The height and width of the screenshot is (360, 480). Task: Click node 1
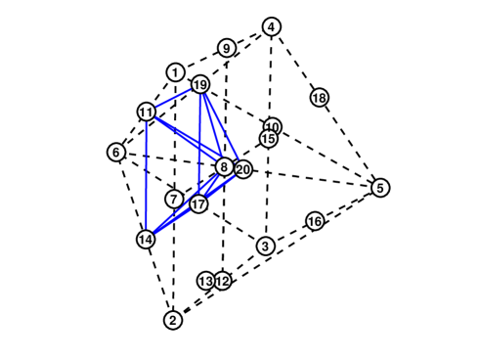[x=175, y=72]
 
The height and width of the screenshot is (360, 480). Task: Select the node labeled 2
[x=173, y=320]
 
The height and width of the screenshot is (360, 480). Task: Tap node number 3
[x=265, y=246]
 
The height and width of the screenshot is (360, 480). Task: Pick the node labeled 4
[x=272, y=26]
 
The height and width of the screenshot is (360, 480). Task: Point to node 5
[x=380, y=188]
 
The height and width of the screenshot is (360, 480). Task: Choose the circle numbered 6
[x=116, y=153]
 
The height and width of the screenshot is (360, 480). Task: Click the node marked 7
[x=174, y=200]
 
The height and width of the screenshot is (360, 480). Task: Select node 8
[x=224, y=168]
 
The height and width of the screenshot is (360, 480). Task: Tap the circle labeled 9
[x=227, y=49]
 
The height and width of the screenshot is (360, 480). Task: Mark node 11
[x=147, y=112]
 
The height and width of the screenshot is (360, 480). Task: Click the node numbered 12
[x=223, y=281]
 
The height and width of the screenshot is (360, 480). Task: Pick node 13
[x=205, y=281]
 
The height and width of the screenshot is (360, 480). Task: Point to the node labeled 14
[x=146, y=239]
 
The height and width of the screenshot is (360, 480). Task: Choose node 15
[x=268, y=139]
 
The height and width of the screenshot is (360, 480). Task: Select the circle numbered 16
[x=315, y=222]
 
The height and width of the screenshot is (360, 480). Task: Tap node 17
[x=199, y=204]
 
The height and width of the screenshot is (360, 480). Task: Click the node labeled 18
[x=320, y=98]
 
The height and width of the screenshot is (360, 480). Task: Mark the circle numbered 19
[x=200, y=85]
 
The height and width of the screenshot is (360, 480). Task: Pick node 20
[x=243, y=170]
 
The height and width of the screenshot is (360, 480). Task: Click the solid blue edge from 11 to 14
[x=146, y=176]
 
